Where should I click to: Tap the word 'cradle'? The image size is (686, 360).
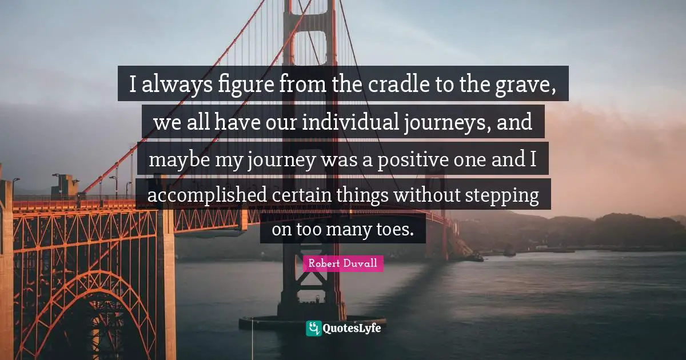click(389, 85)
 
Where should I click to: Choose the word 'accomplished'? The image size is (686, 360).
click(207, 195)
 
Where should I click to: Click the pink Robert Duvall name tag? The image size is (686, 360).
click(343, 263)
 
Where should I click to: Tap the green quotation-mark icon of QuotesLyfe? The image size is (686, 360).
click(314, 328)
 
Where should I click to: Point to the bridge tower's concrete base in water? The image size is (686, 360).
click(312, 321)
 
